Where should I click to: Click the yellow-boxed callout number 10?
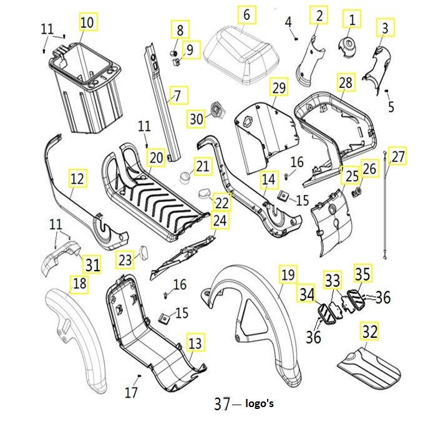(87, 22)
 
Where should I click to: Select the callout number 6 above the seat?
(246, 14)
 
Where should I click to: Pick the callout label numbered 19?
(286, 274)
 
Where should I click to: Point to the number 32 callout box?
(370, 332)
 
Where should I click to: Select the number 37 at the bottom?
(222, 404)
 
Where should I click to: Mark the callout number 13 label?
(195, 342)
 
